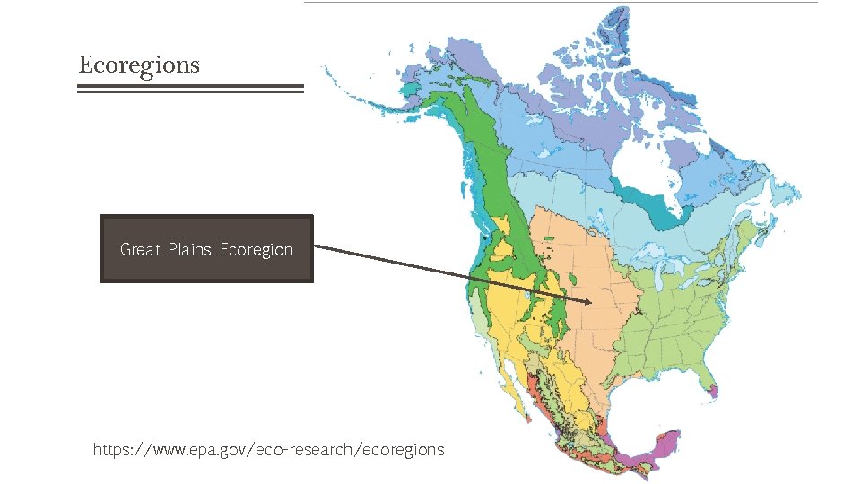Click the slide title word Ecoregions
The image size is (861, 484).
click(x=139, y=65)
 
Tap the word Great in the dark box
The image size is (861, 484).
click(x=141, y=249)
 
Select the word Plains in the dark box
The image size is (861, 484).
click(x=190, y=249)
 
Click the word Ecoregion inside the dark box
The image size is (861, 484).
click(x=257, y=249)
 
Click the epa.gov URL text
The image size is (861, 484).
click(x=268, y=449)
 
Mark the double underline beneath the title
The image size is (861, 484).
click(x=191, y=88)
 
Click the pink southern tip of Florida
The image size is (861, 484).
click(x=715, y=391)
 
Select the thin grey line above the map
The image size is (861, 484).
click(x=561, y=2)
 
